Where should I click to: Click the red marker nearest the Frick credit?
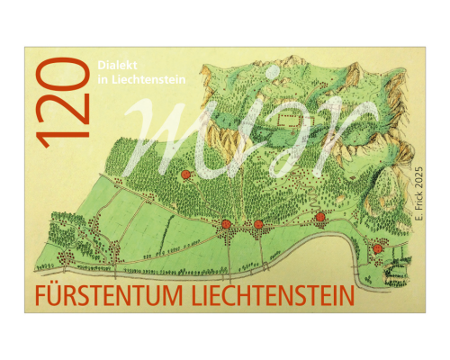coord(377,248)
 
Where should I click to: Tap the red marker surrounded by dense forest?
coord(185,175)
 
